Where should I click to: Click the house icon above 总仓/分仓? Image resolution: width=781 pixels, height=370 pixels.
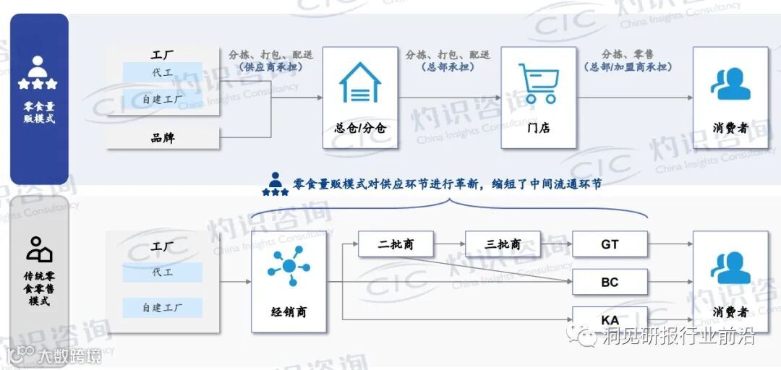360,82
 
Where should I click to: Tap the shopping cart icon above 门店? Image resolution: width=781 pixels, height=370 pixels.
538,82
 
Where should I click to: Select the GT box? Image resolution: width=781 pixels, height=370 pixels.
610,244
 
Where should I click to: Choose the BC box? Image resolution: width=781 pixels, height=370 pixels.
610,282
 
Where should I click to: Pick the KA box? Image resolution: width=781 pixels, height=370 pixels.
610,318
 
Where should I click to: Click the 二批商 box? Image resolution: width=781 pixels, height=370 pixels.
396,244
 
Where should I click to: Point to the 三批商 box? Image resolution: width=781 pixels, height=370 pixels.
503,244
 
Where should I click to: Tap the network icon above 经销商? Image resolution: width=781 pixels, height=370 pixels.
289,266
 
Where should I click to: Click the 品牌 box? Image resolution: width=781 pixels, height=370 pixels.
163,137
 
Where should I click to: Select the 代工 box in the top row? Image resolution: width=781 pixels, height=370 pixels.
162,72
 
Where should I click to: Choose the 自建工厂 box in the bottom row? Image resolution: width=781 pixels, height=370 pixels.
162,308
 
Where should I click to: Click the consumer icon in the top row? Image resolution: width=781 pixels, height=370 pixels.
730,83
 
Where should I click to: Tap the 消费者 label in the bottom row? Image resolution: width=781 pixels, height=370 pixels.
730,311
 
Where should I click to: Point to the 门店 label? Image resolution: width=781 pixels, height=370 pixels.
538,128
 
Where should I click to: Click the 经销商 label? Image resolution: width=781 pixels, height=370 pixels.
289,312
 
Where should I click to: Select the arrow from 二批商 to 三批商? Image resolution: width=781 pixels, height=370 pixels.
449,244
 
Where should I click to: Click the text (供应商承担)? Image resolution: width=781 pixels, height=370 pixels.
270,67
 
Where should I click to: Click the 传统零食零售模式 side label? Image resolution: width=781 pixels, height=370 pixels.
39,288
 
